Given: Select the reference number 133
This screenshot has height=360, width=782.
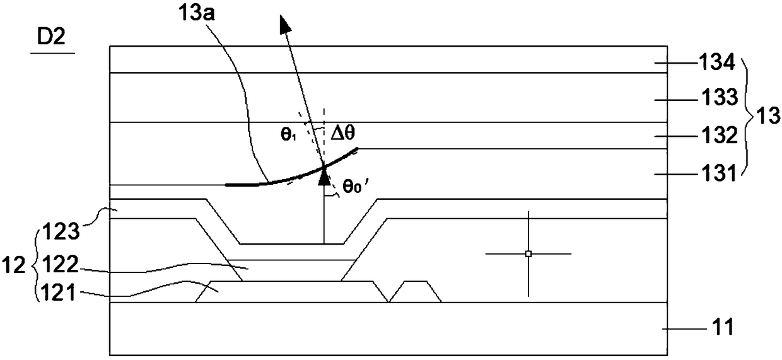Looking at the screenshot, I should coord(711,98).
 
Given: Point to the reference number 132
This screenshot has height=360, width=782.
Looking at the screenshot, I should coord(711,136).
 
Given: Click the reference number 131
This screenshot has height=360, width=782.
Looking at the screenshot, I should coord(711,171).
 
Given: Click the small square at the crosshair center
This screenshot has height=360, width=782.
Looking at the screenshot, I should coord(528,253).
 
